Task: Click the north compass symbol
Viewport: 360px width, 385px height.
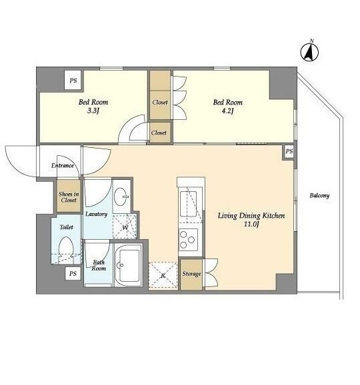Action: coord(309,51)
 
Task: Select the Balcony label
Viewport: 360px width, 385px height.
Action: coord(319,196)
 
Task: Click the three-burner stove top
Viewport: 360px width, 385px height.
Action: coord(188,240)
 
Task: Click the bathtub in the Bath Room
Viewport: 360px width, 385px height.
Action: coord(128,265)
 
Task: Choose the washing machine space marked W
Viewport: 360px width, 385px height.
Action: coord(125,226)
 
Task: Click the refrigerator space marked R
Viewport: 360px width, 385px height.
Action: coord(163,275)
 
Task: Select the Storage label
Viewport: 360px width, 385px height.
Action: coord(191,274)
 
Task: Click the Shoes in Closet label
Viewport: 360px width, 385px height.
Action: coord(69,197)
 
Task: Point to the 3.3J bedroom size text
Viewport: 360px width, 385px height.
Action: coord(93,111)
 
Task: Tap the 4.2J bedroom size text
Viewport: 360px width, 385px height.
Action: coord(227,111)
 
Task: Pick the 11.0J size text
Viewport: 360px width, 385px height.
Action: coord(251,224)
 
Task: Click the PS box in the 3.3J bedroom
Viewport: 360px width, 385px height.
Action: coord(73,81)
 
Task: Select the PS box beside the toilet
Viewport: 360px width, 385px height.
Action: coord(73,274)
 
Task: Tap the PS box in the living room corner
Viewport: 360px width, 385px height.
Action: coord(289,151)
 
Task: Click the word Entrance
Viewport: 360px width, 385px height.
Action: coord(63,165)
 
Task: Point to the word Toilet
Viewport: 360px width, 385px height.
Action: coord(67,227)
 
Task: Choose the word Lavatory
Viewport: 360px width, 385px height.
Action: coord(96,214)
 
